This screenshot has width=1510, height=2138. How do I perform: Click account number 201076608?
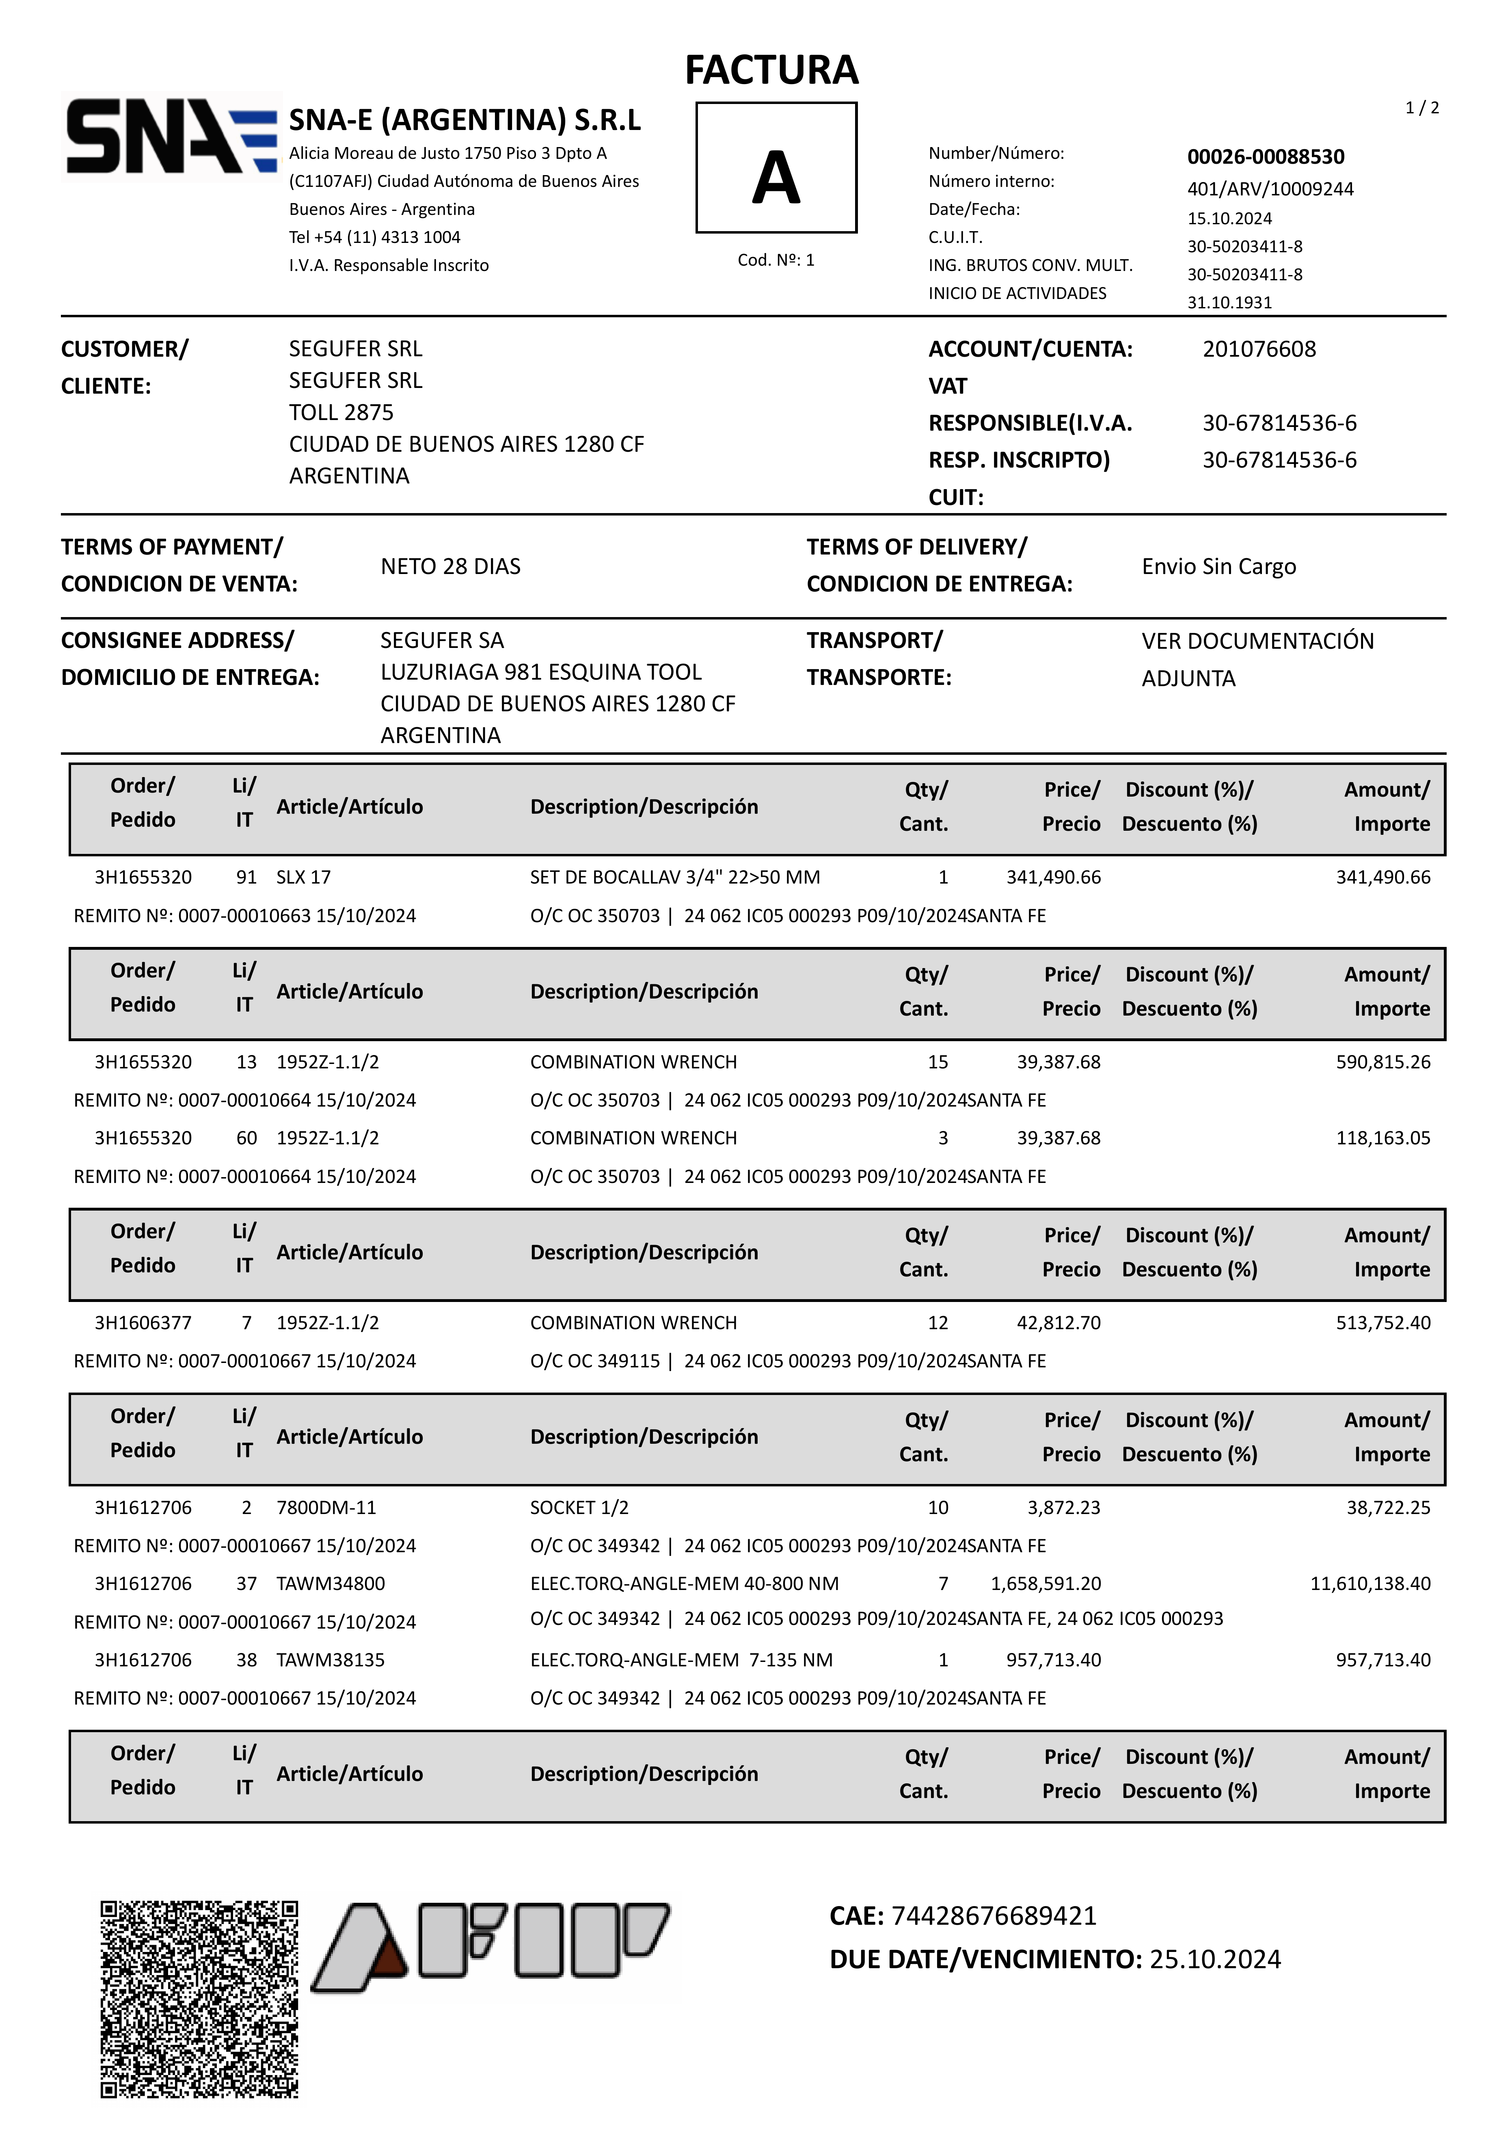[x=1259, y=349]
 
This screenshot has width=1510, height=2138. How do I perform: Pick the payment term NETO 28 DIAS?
[x=451, y=566]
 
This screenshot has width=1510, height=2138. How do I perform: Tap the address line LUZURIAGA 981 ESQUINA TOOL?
[x=541, y=672]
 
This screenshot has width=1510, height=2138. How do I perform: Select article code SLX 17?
[x=303, y=877]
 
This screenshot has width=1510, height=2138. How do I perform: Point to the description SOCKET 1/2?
[x=579, y=1508]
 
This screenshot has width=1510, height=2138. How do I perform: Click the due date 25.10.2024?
[x=1215, y=1959]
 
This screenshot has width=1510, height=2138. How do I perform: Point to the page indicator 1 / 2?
[x=1421, y=108]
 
